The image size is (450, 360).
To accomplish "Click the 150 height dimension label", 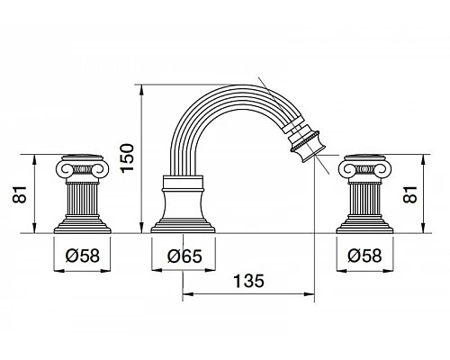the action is (x=127, y=157).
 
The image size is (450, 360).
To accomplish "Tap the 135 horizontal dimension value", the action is (x=248, y=281).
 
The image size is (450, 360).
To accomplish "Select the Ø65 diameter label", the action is (x=184, y=256).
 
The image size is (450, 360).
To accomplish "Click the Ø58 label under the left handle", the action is (x=82, y=256).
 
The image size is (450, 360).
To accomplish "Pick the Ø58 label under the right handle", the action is (x=364, y=256).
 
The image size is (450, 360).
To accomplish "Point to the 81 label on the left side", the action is (x=20, y=194).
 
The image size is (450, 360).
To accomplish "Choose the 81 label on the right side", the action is (x=410, y=194).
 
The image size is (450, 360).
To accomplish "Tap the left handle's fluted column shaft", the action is (x=82, y=198).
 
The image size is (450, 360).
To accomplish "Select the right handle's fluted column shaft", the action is (x=364, y=198).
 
